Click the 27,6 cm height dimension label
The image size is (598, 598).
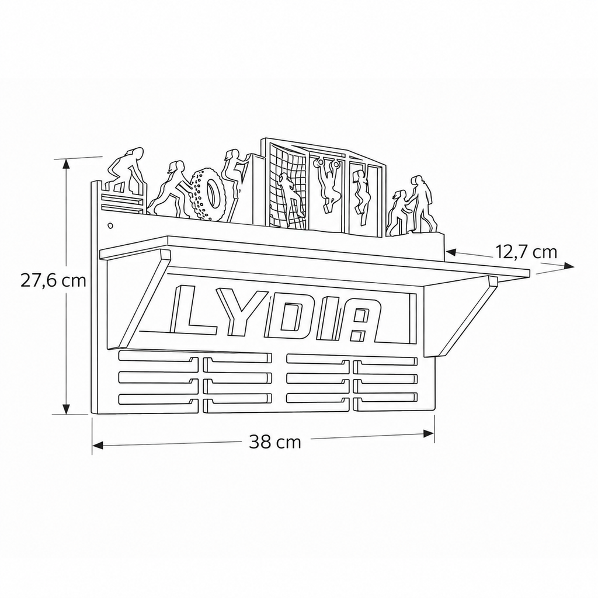point(53,281)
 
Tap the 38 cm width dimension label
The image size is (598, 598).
point(275,441)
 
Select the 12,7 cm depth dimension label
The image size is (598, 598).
point(526,252)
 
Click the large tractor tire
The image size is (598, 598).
point(208,194)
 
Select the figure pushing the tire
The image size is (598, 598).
point(171,189)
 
